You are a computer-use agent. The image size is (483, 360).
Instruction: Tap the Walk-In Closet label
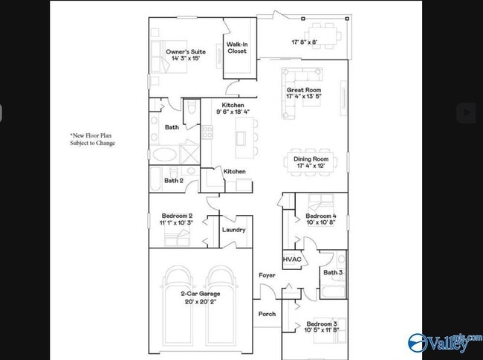(x=237, y=48)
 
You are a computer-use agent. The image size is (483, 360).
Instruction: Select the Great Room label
(x=303, y=92)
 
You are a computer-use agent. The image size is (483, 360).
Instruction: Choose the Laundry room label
(x=233, y=230)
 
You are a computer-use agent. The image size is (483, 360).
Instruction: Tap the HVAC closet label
(x=291, y=259)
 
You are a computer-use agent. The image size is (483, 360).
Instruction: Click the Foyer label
(x=267, y=275)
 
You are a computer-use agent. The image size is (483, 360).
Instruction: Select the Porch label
(x=267, y=314)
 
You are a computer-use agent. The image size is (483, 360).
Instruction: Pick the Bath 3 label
(x=332, y=273)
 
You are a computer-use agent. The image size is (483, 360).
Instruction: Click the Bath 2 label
(x=173, y=180)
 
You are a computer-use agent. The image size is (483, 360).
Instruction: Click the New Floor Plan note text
(x=93, y=139)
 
